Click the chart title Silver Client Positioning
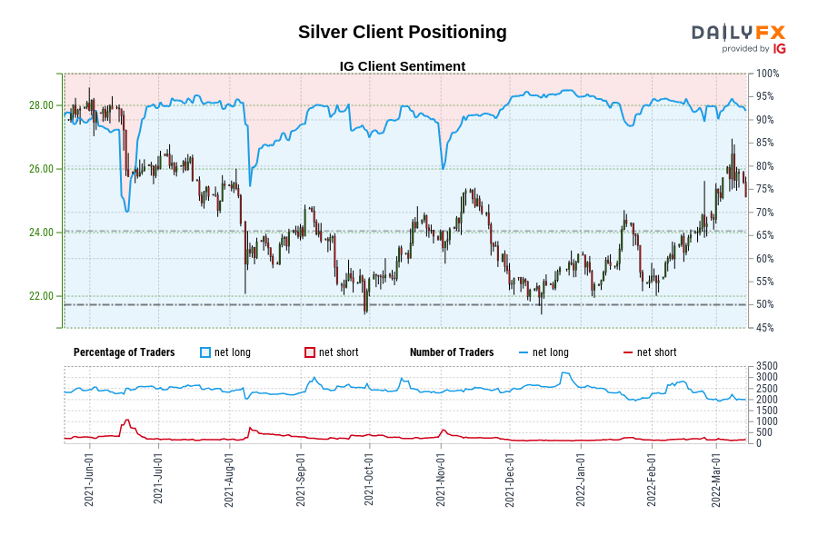[403, 32]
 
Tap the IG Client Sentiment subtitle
[402, 66]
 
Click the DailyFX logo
[738, 38]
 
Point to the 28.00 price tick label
[41, 105]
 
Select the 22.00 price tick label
[41, 296]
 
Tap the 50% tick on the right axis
[765, 304]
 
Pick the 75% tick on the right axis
[765, 189]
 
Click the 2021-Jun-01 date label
[88, 481]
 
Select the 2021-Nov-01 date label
[440, 481]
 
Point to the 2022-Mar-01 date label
[715, 481]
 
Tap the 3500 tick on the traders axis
[766, 366]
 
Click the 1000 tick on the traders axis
[766, 421]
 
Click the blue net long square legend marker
[205, 352]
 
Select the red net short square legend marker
[310, 352]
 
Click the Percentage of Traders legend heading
[125, 352]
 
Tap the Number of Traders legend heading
[452, 352]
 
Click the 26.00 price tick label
[41, 169]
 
